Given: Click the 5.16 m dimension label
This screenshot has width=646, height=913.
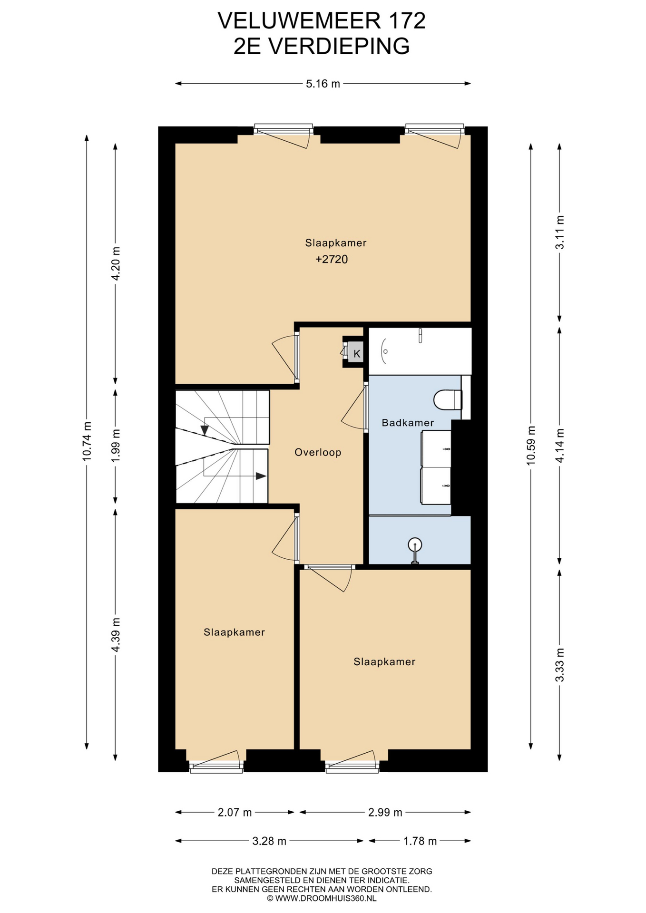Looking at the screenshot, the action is (x=323, y=84).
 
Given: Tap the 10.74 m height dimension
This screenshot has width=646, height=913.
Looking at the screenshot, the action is (x=87, y=441).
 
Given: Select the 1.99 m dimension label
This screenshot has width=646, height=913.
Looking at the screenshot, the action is (x=116, y=445).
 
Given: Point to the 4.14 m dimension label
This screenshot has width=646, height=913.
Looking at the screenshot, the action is (x=560, y=445).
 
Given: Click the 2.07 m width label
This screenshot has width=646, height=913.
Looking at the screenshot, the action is (x=235, y=812).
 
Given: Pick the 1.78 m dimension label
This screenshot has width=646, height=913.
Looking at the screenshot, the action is (x=420, y=841).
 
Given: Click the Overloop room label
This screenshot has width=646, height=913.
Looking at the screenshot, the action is (x=318, y=452).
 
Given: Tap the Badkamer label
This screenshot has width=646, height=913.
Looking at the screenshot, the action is (x=408, y=422).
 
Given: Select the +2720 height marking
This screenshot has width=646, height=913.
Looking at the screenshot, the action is (x=332, y=259).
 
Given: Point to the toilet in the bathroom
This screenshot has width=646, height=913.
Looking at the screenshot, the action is (x=448, y=399).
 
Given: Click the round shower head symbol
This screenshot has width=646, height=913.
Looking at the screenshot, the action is (x=415, y=544).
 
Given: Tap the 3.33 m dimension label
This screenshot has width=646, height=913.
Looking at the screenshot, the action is (x=560, y=665).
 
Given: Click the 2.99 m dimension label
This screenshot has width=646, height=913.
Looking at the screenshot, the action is (x=385, y=812).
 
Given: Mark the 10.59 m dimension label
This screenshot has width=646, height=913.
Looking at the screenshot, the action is (x=531, y=445).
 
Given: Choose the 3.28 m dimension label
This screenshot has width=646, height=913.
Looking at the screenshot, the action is (x=269, y=841).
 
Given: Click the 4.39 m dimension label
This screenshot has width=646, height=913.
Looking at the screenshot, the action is (x=116, y=635).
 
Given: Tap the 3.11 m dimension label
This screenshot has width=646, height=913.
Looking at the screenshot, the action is (x=560, y=232).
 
